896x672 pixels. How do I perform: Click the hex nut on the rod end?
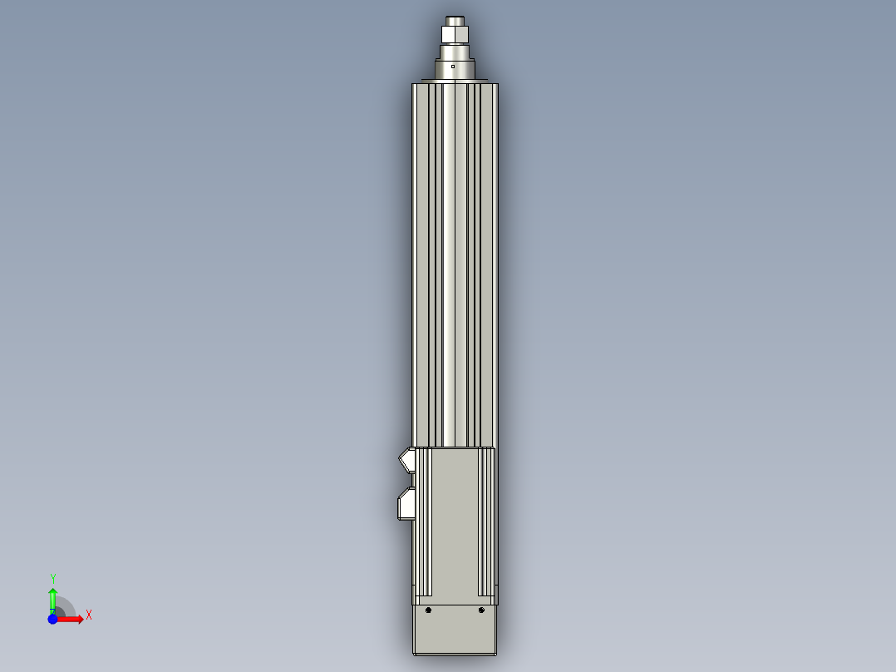click(455, 34)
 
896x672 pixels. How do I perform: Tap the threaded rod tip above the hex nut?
click(455, 19)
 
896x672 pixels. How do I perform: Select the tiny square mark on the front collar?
click(453, 65)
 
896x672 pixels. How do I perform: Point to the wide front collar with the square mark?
click(455, 70)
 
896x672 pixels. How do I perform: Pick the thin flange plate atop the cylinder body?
click(455, 81)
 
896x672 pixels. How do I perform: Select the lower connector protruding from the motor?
click(406, 503)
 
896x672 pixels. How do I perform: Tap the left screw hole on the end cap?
click(428, 610)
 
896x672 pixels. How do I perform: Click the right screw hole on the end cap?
click(481, 610)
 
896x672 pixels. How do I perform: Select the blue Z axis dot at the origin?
click(52, 619)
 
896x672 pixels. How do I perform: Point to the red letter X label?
click(88, 615)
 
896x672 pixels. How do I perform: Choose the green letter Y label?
click(52, 578)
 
